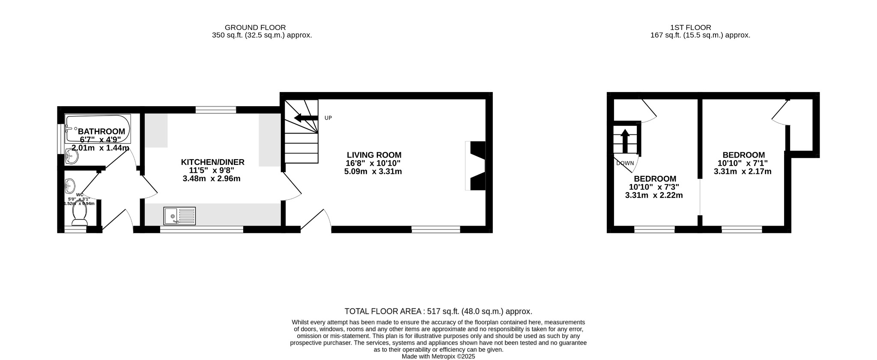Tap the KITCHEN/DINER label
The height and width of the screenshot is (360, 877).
212,162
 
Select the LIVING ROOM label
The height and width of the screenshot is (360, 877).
374,155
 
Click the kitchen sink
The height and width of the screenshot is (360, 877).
179,216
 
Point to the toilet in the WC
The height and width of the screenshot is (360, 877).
80,214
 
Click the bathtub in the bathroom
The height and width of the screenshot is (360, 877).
98,128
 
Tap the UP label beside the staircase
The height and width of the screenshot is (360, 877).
328,118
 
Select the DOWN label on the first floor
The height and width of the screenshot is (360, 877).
625,163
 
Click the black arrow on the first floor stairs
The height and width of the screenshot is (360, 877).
624,141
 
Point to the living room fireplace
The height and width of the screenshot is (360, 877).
477,166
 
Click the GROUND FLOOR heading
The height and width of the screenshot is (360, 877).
255,27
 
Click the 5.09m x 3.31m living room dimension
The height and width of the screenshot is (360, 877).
373,172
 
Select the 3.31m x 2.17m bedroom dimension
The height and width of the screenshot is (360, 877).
743,172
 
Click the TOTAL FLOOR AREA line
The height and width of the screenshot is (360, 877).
438,312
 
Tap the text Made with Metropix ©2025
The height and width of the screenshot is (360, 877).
438,356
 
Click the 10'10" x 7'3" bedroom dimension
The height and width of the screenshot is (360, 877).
654,187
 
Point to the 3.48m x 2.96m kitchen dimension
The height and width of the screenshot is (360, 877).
212,179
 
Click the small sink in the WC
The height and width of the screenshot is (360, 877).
70,186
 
